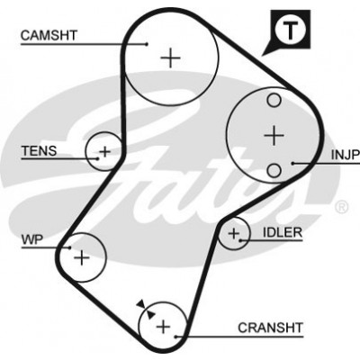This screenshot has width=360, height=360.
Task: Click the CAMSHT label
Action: pos(49,35)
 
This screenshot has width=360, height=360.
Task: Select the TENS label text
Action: pos(39,150)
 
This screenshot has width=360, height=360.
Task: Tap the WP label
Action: pos(32,239)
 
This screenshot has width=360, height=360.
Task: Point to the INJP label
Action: pos(346,155)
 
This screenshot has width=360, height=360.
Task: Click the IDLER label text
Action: pos(283,232)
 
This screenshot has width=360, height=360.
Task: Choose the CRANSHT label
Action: pos(270,328)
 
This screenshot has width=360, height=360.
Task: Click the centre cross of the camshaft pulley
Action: pos(170,58)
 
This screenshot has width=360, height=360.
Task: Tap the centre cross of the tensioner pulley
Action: pos(105,151)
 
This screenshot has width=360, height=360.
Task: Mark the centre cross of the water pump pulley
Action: pos(82,257)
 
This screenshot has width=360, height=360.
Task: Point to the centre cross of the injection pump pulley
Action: pos(274,136)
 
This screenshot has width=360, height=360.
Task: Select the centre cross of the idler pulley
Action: pos(234,233)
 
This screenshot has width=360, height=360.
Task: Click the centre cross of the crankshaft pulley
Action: pos(164,326)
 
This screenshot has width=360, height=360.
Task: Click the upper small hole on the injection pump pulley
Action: pos(274,100)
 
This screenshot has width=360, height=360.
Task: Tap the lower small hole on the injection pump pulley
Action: pos(274,171)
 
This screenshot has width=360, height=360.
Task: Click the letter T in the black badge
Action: pos(290,31)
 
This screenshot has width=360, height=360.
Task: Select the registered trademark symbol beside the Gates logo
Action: pos(341,207)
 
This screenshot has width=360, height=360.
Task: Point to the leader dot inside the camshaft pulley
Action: pos(147,44)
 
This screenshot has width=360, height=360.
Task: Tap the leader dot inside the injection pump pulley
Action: pos(292,164)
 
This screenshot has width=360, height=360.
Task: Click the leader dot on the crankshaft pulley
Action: pos(176,337)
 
